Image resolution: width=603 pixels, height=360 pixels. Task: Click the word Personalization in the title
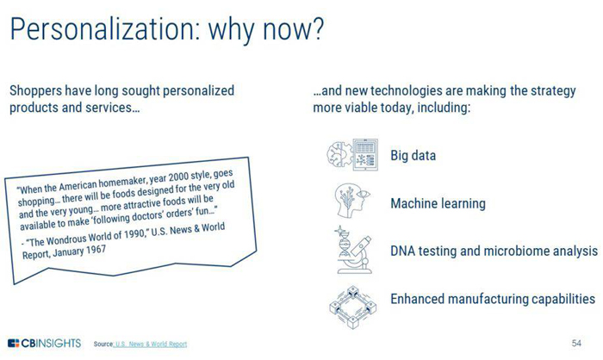coord(105,29)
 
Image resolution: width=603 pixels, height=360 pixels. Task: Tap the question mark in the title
coord(317,28)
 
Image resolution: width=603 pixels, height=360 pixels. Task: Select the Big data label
coord(413,156)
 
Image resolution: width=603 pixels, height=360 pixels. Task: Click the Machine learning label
coord(438,203)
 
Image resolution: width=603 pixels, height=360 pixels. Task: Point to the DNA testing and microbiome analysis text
coord(494,251)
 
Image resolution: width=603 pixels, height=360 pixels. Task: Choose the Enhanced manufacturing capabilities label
coord(493,299)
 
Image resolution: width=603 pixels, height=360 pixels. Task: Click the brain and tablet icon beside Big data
coord(352,155)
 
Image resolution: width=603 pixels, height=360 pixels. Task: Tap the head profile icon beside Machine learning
coord(352,201)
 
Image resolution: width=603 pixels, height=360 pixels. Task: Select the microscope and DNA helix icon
coord(353,250)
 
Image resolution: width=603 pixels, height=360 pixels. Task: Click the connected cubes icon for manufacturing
coord(352,307)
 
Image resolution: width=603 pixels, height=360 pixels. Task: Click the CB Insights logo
coord(45,343)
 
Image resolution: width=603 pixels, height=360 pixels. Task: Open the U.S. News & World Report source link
coord(151,344)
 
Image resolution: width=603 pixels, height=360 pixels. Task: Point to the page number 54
coord(576,343)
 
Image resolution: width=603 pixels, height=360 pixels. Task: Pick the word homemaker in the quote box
coord(122,183)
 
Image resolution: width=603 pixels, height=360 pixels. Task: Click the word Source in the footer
coord(103,344)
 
